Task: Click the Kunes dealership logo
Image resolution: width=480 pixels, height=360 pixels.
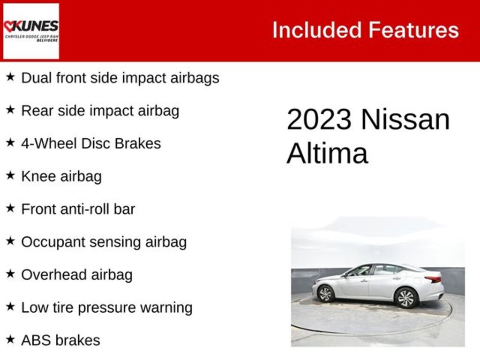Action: click(x=31, y=31)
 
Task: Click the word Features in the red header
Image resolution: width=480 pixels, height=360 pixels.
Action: click(x=413, y=30)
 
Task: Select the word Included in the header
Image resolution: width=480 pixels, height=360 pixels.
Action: click(x=317, y=30)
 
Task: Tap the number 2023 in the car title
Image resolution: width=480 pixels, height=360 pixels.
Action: click(x=318, y=120)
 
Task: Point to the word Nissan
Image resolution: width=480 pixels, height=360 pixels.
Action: click(x=405, y=120)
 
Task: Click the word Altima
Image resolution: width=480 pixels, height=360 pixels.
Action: click(x=327, y=153)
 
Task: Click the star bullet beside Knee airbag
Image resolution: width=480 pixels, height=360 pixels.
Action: click(x=10, y=176)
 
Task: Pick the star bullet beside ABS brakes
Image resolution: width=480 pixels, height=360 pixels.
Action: click(x=10, y=339)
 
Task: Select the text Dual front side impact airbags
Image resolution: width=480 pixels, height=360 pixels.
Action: click(x=120, y=78)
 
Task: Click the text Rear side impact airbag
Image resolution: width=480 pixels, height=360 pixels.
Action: click(x=100, y=111)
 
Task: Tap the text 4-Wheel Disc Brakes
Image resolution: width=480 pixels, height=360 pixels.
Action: click(x=91, y=143)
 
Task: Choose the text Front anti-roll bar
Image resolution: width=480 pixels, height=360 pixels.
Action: click(x=78, y=209)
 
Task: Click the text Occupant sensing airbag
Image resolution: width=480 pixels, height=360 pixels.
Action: click(x=104, y=242)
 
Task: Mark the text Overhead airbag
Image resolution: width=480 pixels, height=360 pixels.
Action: click(x=76, y=275)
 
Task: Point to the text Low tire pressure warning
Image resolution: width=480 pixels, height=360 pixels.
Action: click(x=107, y=307)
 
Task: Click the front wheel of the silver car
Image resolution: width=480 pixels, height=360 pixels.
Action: click(x=325, y=293)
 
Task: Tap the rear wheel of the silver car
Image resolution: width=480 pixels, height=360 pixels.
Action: click(x=406, y=298)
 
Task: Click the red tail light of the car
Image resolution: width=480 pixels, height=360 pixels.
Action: click(x=433, y=279)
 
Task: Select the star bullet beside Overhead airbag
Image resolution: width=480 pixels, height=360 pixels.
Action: click(x=10, y=274)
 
